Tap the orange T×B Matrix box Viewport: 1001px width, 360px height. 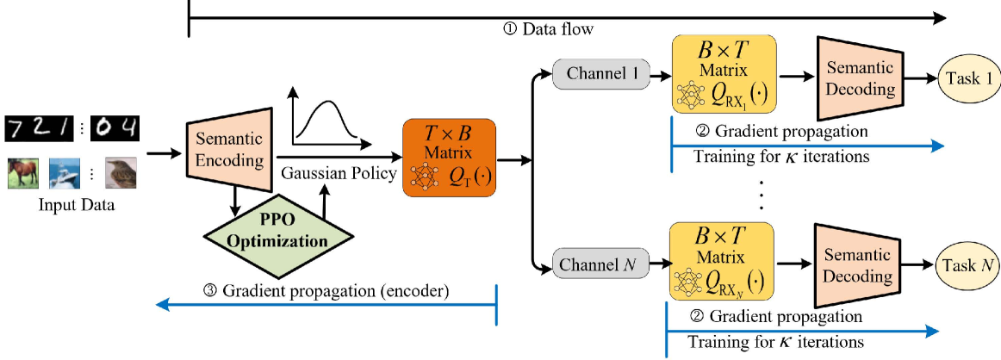pos(448,158)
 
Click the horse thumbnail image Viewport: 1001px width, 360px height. pos(24,172)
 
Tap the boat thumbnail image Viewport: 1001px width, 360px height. pos(65,172)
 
